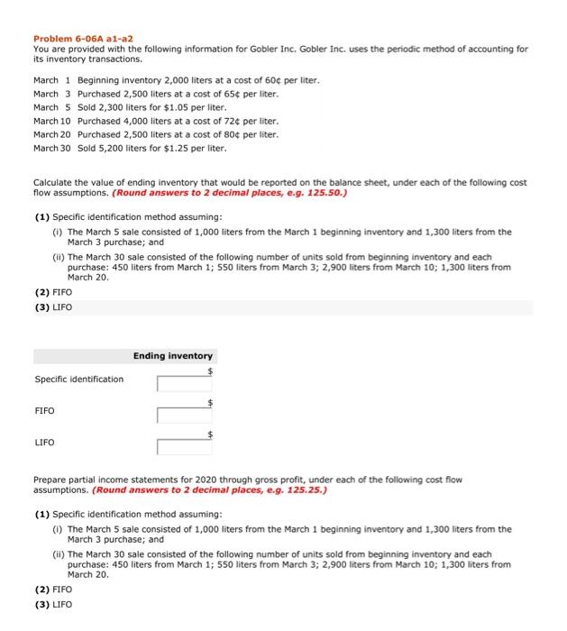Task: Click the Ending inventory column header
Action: coord(173,356)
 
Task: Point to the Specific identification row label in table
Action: coord(79,380)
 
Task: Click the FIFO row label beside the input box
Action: coord(45,411)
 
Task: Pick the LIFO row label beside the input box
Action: coord(45,443)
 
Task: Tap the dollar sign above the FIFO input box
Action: coord(211,402)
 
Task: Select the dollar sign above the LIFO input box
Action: coord(211,434)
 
